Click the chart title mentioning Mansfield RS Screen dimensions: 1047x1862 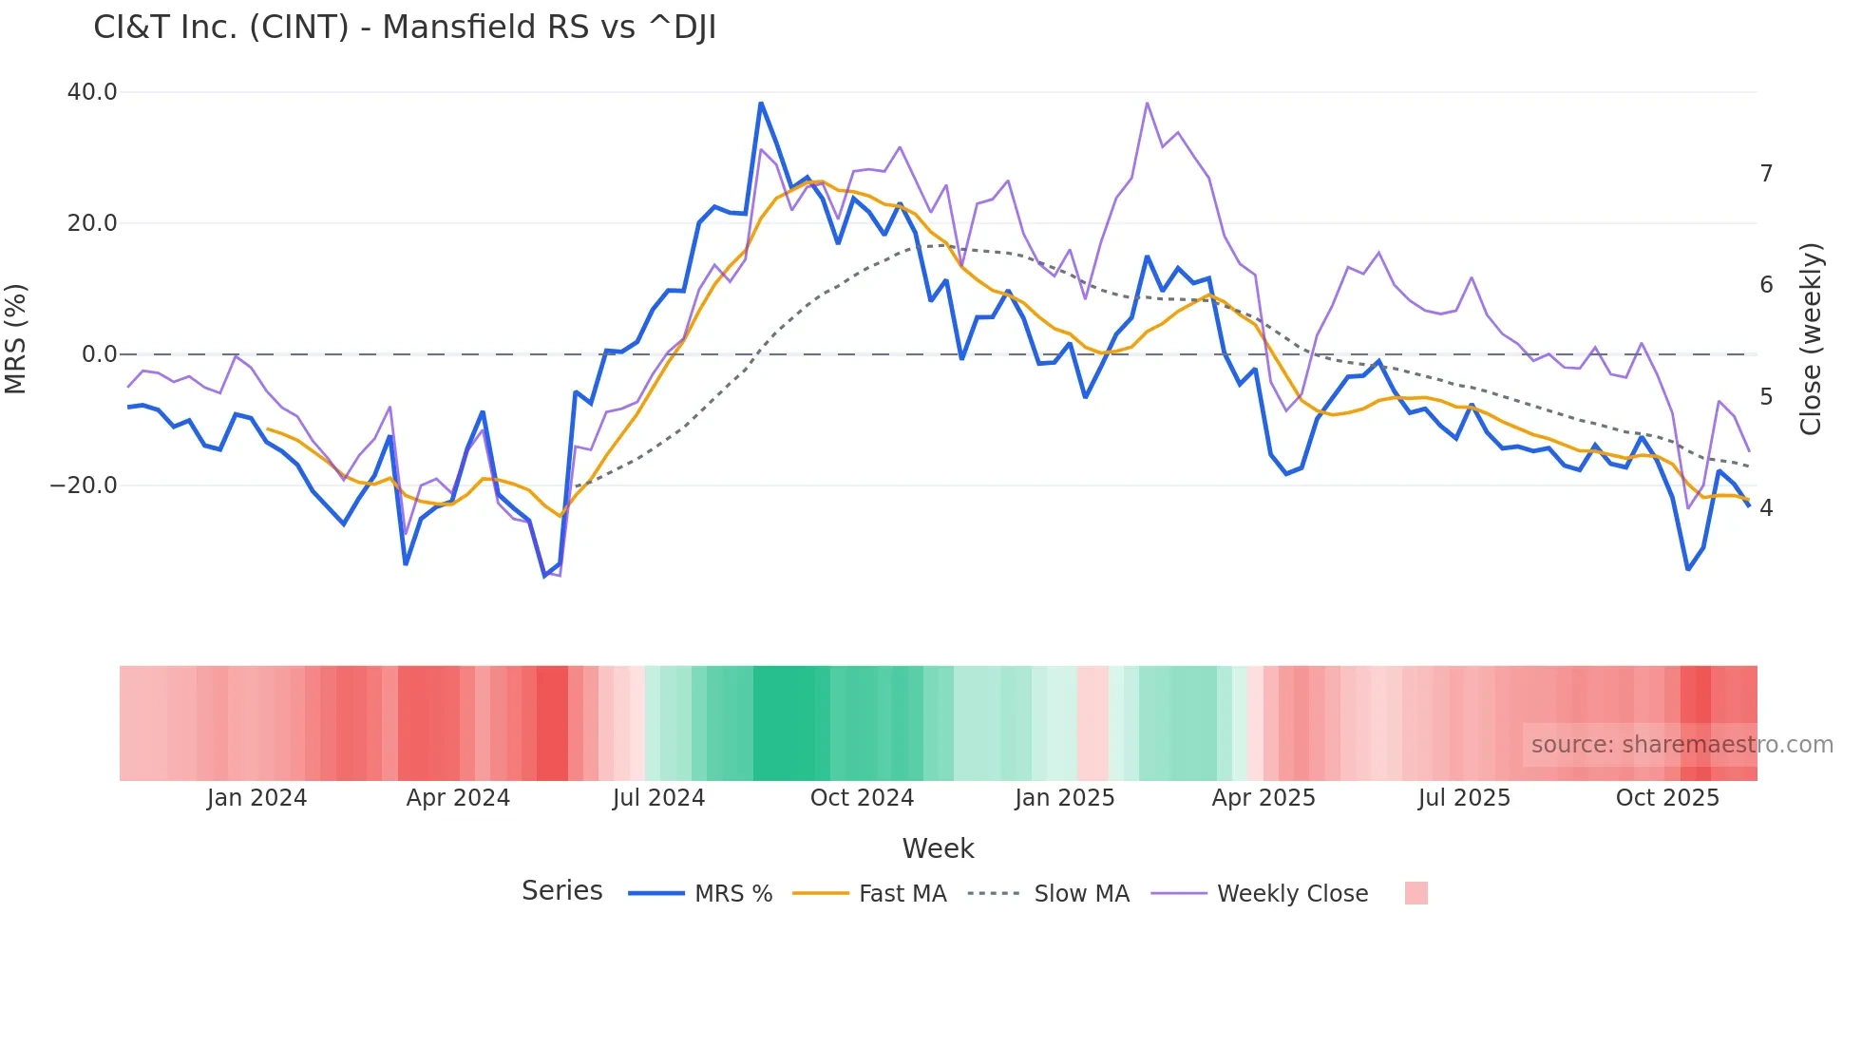(405, 28)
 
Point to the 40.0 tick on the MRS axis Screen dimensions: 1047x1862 (92, 92)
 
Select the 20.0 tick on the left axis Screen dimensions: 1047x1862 (92, 223)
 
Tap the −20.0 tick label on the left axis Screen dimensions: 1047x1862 (84, 485)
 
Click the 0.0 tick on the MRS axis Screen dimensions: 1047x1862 (99, 354)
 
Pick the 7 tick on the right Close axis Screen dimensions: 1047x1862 (1766, 174)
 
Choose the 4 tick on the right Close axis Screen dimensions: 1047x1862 (1766, 508)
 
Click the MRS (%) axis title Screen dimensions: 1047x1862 (16, 338)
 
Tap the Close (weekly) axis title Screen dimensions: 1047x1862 (1811, 339)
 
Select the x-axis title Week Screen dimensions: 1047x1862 (938, 848)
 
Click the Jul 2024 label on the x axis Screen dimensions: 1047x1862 (658, 798)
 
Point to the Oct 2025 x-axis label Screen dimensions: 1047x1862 (1667, 798)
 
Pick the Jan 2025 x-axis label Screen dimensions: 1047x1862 (1064, 798)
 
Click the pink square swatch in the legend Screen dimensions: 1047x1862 (1415, 893)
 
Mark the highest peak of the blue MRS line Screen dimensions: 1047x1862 (761, 103)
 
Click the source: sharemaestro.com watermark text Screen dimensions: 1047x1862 (1681, 745)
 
